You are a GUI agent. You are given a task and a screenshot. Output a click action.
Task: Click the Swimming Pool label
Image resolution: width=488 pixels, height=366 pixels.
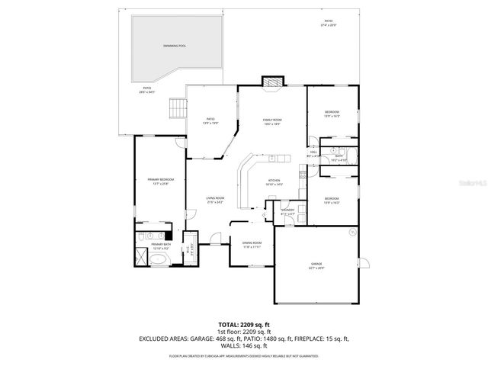(x=175, y=47)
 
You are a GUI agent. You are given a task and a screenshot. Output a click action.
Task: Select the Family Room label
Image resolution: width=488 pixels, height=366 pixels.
(x=272, y=120)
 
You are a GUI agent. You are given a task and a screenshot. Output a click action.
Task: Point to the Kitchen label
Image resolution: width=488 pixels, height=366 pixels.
(x=274, y=181)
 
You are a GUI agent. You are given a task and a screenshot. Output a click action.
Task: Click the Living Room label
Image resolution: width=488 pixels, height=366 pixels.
(x=214, y=199)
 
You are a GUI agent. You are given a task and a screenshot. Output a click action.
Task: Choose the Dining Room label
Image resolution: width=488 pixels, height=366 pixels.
(x=252, y=244)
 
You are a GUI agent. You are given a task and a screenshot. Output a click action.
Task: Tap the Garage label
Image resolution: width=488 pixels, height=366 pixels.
(x=316, y=264)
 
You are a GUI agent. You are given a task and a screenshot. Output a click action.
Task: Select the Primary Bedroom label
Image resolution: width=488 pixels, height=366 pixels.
(x=160, y=180)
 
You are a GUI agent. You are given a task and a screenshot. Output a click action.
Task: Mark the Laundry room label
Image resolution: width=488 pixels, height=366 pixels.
(x=287, y=210)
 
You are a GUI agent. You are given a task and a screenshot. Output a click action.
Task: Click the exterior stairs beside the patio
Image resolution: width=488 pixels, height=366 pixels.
(x=177, y=109)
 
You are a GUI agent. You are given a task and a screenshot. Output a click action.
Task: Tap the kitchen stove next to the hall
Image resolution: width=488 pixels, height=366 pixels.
(x=303, y=176)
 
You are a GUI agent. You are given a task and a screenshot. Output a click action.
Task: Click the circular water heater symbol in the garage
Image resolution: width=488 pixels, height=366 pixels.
(x=352, y=232)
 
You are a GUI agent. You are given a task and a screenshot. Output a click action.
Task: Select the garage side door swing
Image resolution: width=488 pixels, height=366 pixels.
(x=364, y=264)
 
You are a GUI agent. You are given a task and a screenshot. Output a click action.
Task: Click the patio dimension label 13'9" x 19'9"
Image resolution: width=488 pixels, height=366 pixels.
(x=211, y=124)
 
